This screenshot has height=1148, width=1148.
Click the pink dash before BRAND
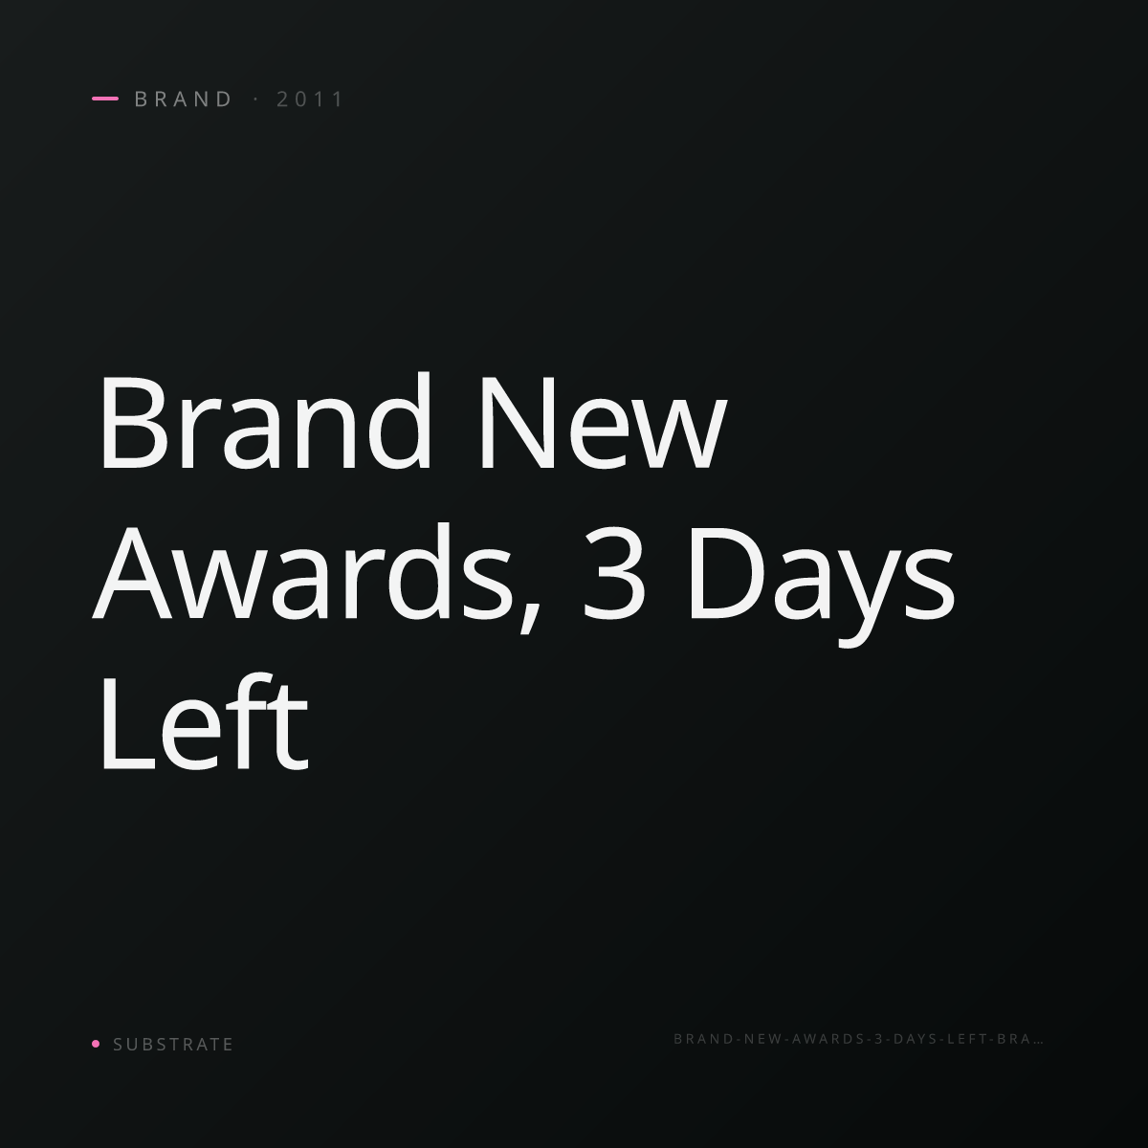point(105,99)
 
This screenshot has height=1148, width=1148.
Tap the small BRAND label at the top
point(183,99)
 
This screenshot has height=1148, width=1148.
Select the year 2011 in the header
point(310,99)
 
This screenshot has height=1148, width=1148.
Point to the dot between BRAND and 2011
point(256,99)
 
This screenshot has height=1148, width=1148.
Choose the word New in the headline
point(603,423)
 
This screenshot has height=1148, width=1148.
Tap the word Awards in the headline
point(301,572)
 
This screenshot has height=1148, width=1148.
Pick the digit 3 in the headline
point(613,574)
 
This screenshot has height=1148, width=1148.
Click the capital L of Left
point(129,723)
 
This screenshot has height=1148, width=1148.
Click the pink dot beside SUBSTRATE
point(96,1043)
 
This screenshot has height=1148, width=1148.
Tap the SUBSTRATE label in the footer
point(173,1044)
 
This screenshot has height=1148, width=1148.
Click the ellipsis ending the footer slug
point(1038,1042)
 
